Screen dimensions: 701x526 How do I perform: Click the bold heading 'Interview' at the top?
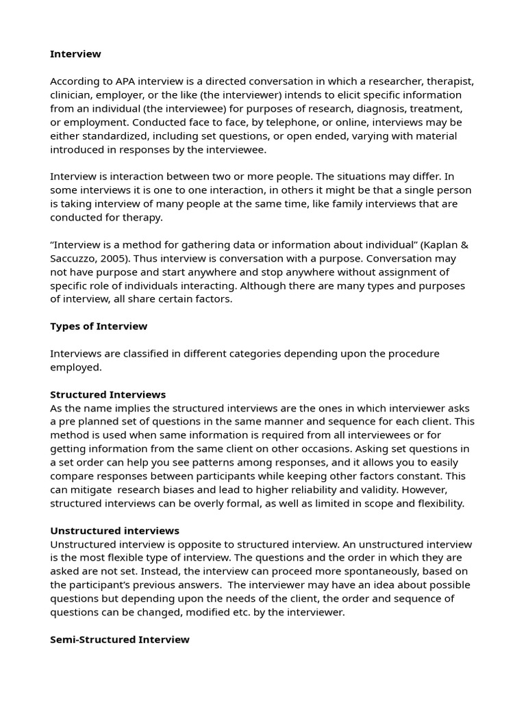point(75,54)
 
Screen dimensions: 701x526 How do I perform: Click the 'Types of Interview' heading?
point(99,327)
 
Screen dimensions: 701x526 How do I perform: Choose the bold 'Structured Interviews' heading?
point(108,395)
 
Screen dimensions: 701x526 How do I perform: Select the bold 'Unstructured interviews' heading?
point(114,531)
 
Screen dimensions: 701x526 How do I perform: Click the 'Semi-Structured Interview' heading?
point(120,639)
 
